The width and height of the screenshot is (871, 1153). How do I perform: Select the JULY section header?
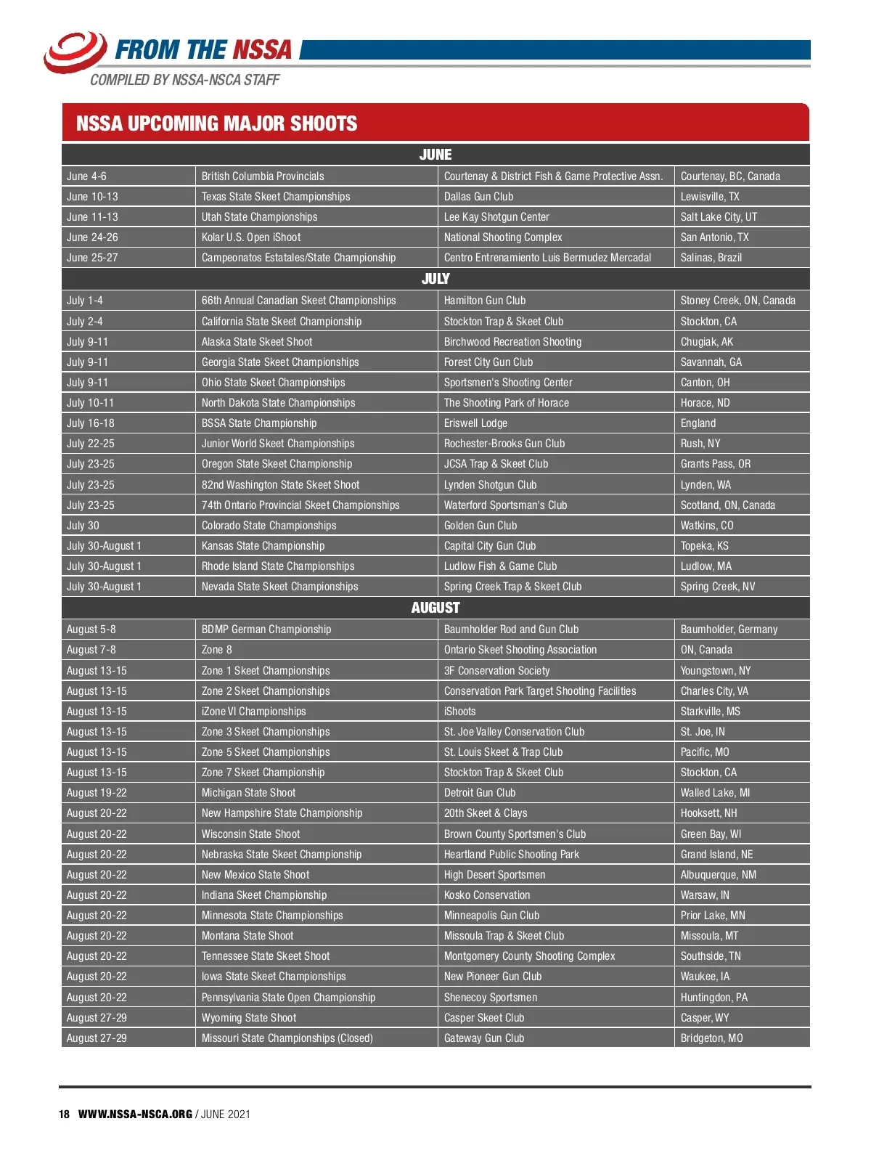click(x=435, y=279)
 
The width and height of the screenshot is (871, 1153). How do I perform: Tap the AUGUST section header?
click(x=435, y=608)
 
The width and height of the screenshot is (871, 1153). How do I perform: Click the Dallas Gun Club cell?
click(x=478, y=197)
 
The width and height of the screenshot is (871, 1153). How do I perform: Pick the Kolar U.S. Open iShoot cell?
click(x=251, y=237)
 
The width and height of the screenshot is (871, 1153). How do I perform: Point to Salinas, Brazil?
click(x=711, y=258)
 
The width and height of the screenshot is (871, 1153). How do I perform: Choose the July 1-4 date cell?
click(x=85, y=301)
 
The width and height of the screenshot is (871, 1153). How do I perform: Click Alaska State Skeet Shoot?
click(x=257, y=342)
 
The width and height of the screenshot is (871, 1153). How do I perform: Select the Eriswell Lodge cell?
click(x=475, y=423)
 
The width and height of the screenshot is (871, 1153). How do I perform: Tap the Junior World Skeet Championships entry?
click(x=278, y=444)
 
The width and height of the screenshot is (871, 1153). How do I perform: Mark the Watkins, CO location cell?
click(x=706, y=526)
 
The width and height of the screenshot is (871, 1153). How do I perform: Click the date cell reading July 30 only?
click(x=83, y=526)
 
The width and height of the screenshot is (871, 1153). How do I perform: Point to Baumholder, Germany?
click(x=729, y=630)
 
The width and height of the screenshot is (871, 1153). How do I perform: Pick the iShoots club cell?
click(x=459, y=712)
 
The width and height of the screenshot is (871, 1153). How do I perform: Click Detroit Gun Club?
click(x=480, y=793)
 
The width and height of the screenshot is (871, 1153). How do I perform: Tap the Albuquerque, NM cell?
click(x=718, y=875)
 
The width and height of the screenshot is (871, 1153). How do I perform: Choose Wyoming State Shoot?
click(x=249, y=1018)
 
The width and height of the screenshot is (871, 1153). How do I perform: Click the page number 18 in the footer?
click(x=65, y=1115)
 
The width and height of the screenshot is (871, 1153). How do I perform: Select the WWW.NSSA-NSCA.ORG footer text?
click(x=135, y=1115)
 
